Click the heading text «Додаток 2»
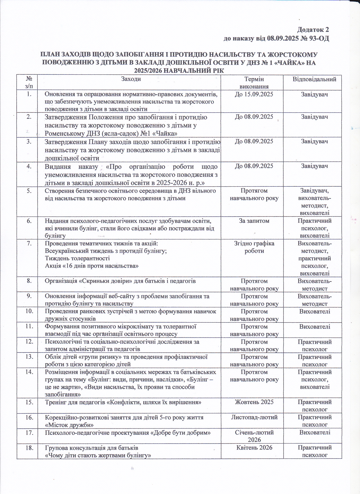313,30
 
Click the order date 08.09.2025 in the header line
282,38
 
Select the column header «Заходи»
131,79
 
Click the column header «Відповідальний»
314,79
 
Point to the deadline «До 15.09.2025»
254,94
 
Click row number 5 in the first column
29,191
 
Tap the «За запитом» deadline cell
254,221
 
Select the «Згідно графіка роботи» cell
254,247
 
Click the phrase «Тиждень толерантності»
77,258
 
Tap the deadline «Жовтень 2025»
254,402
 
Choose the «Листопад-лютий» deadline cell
254,417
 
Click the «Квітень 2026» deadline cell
254,447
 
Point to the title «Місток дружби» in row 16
69,425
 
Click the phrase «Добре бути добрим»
185,433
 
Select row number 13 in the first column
29,357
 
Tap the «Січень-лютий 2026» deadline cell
254,436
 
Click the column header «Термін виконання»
254,83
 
